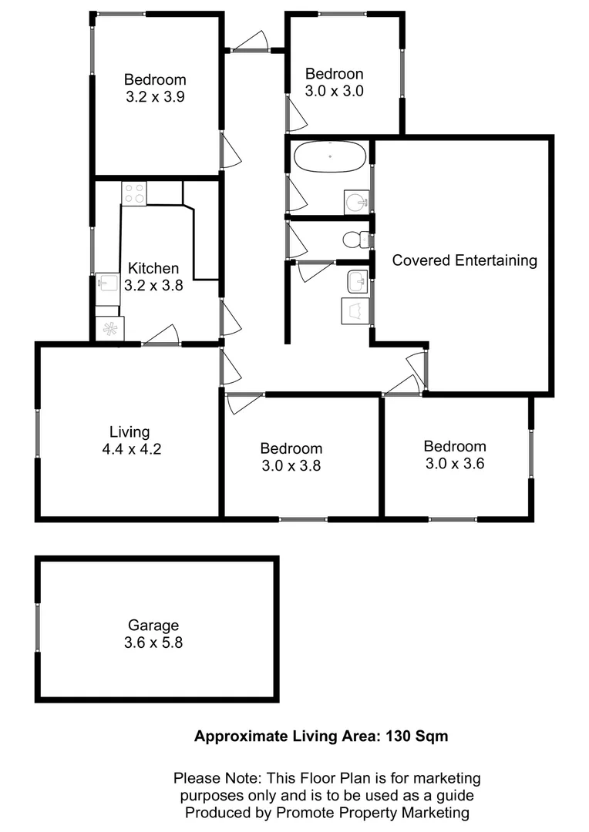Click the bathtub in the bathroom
point(329,157)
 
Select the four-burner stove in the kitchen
point(133,193)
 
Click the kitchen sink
point(106,283)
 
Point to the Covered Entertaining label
point(464,260)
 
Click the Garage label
point(154,626)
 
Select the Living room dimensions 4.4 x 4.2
point(131,450)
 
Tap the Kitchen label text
point(153,269)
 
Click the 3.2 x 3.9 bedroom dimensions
point(155,97)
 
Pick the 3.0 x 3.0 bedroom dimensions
point(334,91)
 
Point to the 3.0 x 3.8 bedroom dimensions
point(291,466)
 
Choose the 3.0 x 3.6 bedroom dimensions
point(454,464)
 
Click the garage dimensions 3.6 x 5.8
point(154,642)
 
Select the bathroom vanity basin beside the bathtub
point(356,203)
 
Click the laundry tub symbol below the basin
point(355,311)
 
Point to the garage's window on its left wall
point(37,628)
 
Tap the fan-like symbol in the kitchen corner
point(109,329)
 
